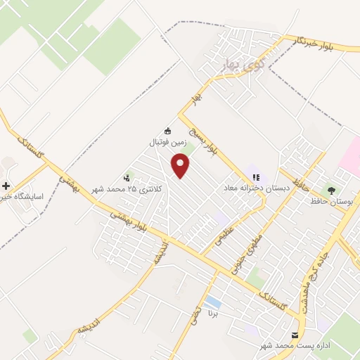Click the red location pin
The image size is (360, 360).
(x=181, y=165)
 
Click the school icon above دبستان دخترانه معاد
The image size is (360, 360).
(x=254, y=176)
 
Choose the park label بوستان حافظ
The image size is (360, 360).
(x=330, y=202)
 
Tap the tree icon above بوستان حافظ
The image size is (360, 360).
(x=330, y=190)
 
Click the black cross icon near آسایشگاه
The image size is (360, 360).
(x=6, y=186)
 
